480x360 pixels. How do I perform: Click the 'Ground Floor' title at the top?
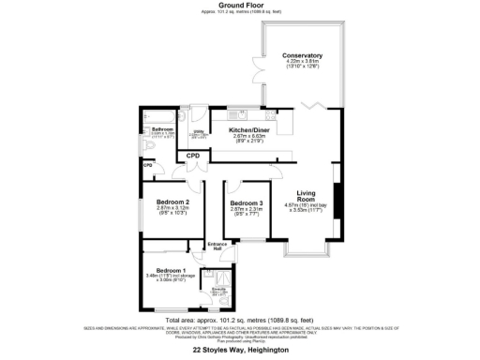pyautogui.click(x=239, y=5)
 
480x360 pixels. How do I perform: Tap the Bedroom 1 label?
pyautogui.click(x=165, y=270)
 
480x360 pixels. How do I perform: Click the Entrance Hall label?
pyautogui.click(x=217, y=244)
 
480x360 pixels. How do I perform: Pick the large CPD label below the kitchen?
pyautogui.click(x=194, y=156)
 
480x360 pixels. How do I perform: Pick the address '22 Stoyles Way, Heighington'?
pyautogui.click(x=239, y=351)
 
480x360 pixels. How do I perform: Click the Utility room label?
pyautogui.click(x=199, y=131)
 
